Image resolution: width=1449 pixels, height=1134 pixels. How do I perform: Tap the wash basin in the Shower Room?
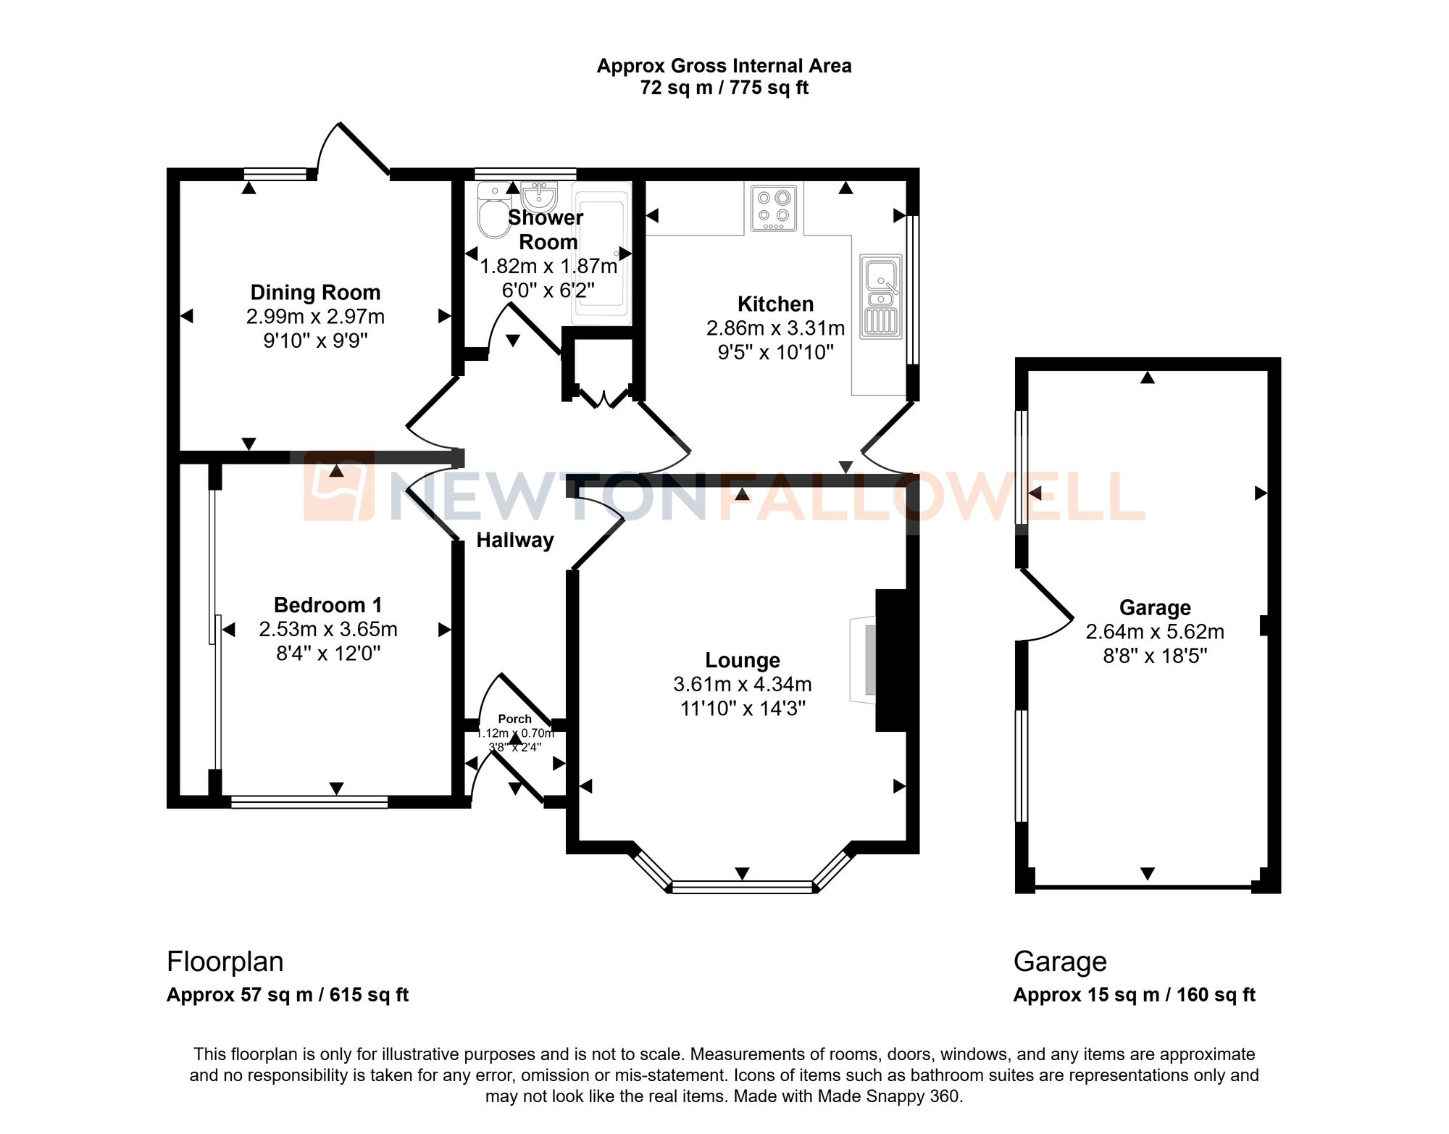point(539,196)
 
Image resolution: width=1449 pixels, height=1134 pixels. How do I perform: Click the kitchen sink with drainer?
point(881,296)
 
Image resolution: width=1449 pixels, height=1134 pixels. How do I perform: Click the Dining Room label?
point(315,292)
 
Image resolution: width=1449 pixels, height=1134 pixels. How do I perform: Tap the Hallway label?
point(514,540)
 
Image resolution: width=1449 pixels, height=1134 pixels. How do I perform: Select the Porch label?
point(514,719)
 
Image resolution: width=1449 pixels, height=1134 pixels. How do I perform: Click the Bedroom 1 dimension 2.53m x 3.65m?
point(327,629)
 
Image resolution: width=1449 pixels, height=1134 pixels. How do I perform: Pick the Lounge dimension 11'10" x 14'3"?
point(742,708)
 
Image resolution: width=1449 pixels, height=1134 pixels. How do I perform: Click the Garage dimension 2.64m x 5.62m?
point(1154,632)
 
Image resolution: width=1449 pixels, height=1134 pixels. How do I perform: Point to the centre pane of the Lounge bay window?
point(742,886)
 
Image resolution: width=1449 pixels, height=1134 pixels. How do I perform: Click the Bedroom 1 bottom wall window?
point(309,801)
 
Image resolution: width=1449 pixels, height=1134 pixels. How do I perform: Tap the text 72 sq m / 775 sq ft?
point(724,88)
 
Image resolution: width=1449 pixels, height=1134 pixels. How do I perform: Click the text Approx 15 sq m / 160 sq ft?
point(1134,995)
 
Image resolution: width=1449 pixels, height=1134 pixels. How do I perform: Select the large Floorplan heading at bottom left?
point(225,962)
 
